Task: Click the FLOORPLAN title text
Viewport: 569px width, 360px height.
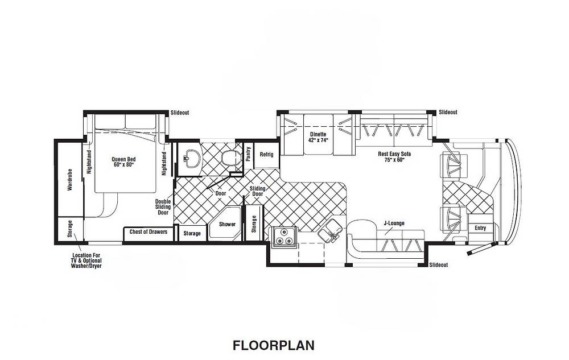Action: tap(273, 346)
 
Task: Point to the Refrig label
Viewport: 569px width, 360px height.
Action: tap(266, 155)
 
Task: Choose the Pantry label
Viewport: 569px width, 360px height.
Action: tap(248, 154)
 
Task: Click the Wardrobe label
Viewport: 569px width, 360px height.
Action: tap(70, 180)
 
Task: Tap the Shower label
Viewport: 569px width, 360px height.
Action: tap(227, 225)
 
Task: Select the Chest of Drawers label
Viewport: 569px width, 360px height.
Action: tap(149, 232)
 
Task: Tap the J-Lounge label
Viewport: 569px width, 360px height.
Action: tap(394, 224)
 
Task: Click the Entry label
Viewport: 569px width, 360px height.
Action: tap(480, 228)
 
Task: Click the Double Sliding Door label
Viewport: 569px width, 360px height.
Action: tap(163, 207)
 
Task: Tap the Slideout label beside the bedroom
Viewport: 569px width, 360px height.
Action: tap(180, 113)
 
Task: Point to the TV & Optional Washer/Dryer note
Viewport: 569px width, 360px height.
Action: tap(86, 260)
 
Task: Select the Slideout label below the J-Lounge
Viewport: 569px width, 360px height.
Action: tap(438, 265)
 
